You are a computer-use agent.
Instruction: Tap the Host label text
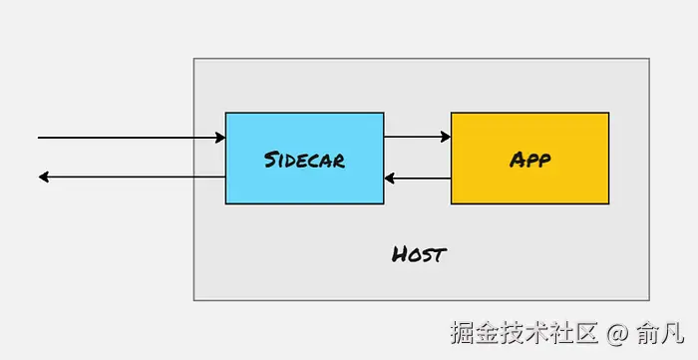click(x=419, y=253)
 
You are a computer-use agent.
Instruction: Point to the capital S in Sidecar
click(x=271, y=160)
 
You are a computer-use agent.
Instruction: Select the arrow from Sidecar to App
click(x=417, y=137)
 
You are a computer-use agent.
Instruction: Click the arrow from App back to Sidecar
click(x=417, y=180)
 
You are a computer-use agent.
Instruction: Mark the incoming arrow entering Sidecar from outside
click(x=130, y=137)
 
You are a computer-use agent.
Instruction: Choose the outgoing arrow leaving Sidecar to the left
click(x=130, y=178)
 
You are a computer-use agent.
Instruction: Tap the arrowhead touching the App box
click(x=445, y=137)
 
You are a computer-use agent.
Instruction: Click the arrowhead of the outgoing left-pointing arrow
click(x=44, y=178)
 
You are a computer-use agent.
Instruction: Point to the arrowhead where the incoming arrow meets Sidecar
click(x=219, y=137)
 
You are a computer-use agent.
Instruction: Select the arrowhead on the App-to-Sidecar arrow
click(x=390, y=180)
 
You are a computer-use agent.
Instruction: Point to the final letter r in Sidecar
click(x=340, y=160)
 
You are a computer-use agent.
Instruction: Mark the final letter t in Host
click(x=440, y=253)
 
